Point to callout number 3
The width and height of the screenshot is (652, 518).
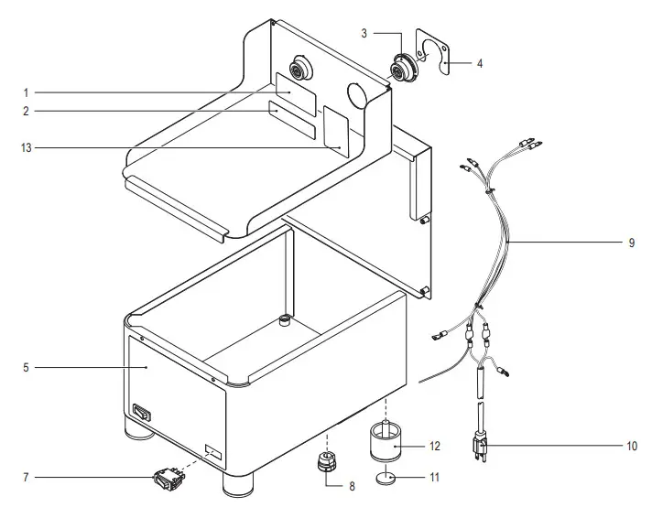point(364,34)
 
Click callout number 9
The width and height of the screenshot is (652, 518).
point(631,243)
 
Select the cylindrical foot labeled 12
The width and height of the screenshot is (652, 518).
point(386,442)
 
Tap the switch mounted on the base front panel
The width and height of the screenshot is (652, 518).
point(140,413)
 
